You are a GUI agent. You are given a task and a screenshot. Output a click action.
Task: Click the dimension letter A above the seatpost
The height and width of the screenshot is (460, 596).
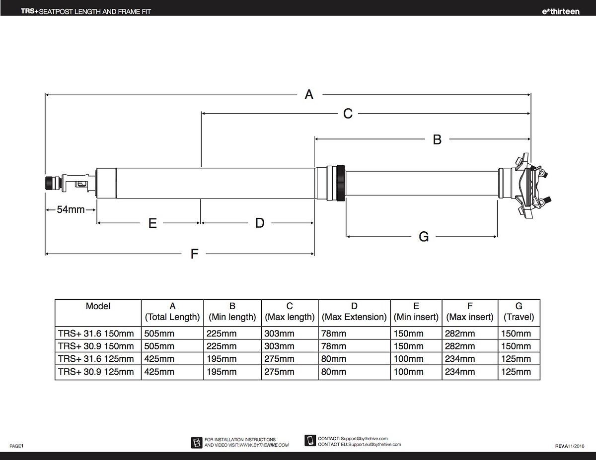coord(309,95)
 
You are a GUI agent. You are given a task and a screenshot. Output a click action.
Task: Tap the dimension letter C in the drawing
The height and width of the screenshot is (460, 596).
coord(348,114)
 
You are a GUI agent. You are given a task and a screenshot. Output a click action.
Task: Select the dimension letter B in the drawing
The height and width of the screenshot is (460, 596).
coord(437,139)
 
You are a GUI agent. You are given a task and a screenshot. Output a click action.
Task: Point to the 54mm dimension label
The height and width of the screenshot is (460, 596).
coord(71,209)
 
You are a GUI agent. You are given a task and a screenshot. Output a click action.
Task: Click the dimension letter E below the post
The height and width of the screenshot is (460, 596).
coord(152,223)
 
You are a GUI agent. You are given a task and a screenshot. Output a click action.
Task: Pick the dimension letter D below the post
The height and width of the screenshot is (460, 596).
coord(260,223)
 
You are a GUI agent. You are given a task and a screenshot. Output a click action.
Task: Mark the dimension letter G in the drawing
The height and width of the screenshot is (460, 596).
coord(424,237)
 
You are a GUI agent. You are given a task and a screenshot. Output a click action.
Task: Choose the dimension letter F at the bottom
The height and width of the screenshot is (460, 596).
coord(194,254)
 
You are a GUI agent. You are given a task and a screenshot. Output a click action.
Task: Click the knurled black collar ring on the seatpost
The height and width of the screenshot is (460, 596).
coord(340,183)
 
